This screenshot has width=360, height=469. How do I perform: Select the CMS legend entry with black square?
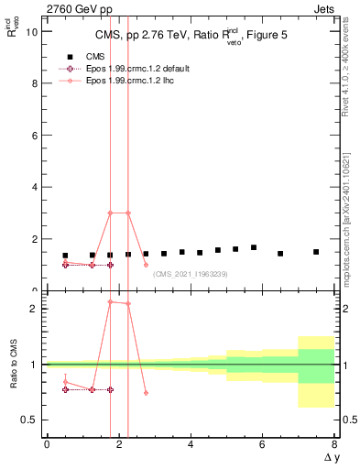(66, 56)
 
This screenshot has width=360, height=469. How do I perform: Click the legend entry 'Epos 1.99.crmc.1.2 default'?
(66, 69)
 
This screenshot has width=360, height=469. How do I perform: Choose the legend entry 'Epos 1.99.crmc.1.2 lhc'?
(66, 82)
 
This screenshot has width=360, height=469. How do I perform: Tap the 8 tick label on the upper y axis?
(34, 83)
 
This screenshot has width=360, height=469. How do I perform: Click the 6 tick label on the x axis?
(262, 444)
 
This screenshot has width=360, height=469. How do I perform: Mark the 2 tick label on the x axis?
(118, 444)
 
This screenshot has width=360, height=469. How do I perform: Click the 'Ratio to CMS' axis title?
(14, 365)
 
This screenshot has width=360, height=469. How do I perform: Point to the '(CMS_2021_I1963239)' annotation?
(190, 274)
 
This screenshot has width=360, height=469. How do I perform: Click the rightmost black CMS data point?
(316, 252)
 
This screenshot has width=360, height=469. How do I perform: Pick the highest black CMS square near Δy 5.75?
(254, 247)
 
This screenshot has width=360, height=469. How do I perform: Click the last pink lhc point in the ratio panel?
(146, 393)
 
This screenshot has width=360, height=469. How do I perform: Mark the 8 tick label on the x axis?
(334, 444)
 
